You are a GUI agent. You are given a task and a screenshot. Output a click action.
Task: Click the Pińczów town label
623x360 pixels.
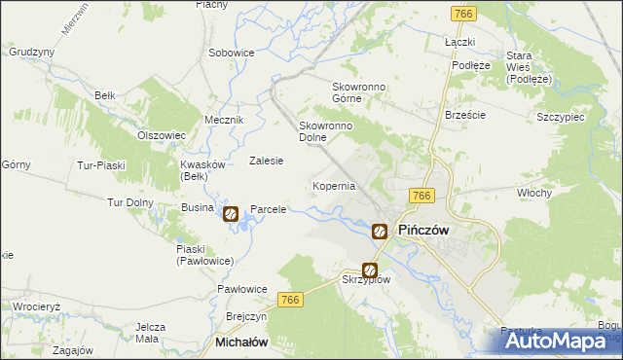pos(423,232)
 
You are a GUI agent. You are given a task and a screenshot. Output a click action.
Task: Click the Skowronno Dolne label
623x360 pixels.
pos(324,131)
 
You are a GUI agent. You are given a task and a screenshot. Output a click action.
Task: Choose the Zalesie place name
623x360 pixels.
pos(266,162)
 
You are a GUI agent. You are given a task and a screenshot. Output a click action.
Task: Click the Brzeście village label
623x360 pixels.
pos(464,114)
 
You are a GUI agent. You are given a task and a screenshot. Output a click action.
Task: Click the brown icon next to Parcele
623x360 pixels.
pos(231,213)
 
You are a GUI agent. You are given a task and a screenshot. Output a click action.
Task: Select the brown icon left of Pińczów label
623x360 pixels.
pos(380,232)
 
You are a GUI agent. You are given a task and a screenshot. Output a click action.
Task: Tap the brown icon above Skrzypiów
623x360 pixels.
pos(370,270)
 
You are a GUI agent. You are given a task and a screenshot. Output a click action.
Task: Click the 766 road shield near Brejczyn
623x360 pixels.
pos(290,302)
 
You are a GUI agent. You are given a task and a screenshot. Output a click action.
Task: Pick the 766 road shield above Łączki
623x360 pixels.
pos(463,13)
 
